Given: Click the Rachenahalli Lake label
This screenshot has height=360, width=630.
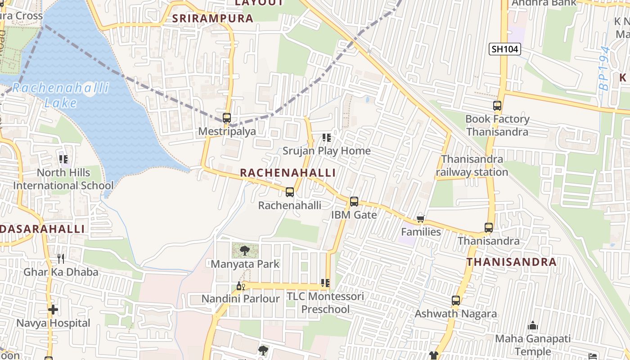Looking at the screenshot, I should click(60, 95).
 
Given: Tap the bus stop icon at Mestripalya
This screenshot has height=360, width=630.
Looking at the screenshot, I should click(227, 118).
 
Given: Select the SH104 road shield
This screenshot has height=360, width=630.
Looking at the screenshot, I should click(504, 49).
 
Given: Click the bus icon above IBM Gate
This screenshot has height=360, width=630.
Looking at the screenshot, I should click(354, 202).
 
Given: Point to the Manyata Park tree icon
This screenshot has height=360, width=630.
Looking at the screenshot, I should click(245, 251).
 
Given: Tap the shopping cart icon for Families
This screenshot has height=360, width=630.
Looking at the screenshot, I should click(420, 219).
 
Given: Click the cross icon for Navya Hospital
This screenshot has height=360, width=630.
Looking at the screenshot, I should click(53, 310).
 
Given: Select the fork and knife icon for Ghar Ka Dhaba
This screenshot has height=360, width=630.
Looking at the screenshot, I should click(61, 258).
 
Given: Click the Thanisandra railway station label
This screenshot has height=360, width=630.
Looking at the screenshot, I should click(472, 166).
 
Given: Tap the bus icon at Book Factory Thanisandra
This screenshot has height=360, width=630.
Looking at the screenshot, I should click(497, 106).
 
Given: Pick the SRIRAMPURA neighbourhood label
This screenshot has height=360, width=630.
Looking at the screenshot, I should click(213, 18).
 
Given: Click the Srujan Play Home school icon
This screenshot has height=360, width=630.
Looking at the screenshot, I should click(327, 137).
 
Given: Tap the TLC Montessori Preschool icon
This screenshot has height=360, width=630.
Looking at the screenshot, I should click(325, 283).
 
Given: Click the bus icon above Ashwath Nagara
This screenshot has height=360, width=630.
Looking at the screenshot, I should click(456, 300).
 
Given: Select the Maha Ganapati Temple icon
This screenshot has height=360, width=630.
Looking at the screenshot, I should click(533, 325).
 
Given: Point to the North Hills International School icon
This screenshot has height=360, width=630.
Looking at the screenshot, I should click(63, 159).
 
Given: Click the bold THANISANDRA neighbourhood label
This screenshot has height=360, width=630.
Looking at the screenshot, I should click(511, 262).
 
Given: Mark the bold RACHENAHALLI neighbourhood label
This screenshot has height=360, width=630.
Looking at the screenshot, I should click(288, 173).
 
